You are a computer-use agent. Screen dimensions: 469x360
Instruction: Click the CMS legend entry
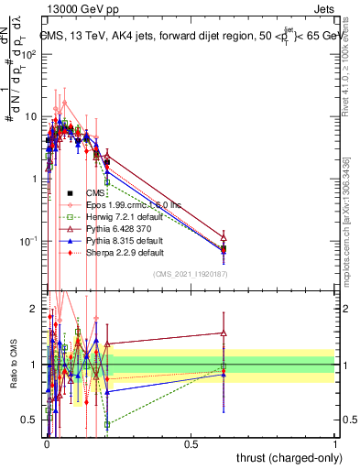pyautogui.click(x=94, y=193)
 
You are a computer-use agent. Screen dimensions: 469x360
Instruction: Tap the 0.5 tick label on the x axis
pyautogui.click(x=191, y=444)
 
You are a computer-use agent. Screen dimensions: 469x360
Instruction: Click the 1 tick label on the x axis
pyautogui.click(x=334, y=444)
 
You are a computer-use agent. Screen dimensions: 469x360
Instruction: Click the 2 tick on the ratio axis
pyautogui.click(x=34, y=309)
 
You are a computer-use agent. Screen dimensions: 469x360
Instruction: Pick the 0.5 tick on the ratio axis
pyautogui.click(x=30, y=420)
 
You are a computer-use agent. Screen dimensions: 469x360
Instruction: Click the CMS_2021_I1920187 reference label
pyautogui.click(x=190, y=275)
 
